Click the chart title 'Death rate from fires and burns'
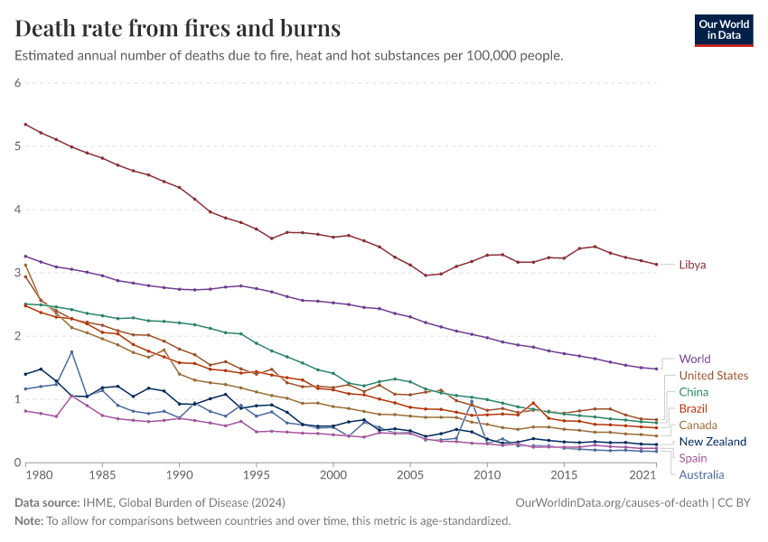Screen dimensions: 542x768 pos(178,28)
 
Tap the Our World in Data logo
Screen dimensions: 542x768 pos(723,30)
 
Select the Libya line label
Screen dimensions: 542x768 pos(692,265)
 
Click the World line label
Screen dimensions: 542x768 pos(694,359)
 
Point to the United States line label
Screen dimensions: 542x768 pos(713,376)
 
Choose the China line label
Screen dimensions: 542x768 pos(693,392)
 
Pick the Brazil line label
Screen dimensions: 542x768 pos(693,408)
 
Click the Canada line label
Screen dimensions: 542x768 pos(698,425)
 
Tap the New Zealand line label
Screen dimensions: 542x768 pos(713,442)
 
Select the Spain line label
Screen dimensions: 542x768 pos(693,458)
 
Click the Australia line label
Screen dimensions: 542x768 pos(701,474)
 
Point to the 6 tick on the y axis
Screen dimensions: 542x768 pos(17,83)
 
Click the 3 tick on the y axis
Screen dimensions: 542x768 pos(17,273)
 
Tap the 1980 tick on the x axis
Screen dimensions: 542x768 pos(26,474)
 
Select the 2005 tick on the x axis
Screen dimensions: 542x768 pos(411,474)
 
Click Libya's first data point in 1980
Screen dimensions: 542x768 pos(25,124)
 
